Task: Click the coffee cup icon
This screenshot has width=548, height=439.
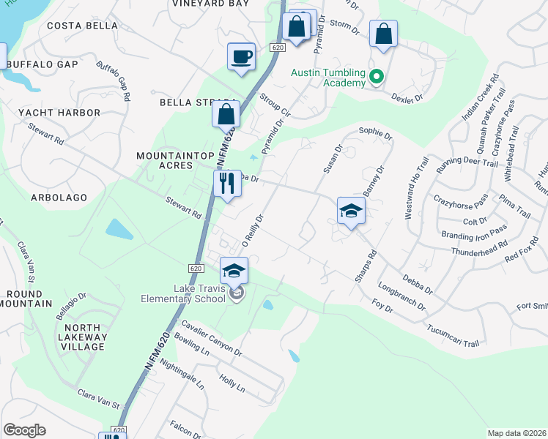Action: (x=241, y=56)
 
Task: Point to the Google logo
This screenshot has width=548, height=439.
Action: (x=24, y=430)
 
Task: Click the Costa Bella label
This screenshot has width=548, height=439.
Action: (x=82, y=26)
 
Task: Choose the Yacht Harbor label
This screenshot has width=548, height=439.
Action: (x=59, y=113)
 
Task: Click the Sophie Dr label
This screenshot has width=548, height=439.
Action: (x=376, y=132)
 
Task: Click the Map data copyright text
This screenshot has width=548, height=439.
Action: (x=517, y=433)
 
